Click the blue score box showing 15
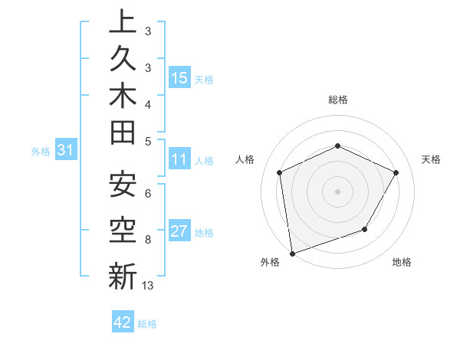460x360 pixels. [x=179, y=78]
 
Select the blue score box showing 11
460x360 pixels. [x=179, y=160]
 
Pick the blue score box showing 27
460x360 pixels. [x=179, y=232]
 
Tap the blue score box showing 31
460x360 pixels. [x=66, y=151]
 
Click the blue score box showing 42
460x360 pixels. [x=123, y=322]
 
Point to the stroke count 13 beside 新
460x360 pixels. [x=148, y=286]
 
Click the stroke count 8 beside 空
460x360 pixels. [x=147, y=239]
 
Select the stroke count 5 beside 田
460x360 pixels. [x=147, y=140]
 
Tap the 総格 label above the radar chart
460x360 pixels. [x=337, y=100]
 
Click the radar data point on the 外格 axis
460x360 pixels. [x=292, y=253]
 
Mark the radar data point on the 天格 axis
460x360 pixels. [x=396, y=172]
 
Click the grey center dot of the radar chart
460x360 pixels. [x=337, y=191]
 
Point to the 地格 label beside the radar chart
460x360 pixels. [x=402, y=263]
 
